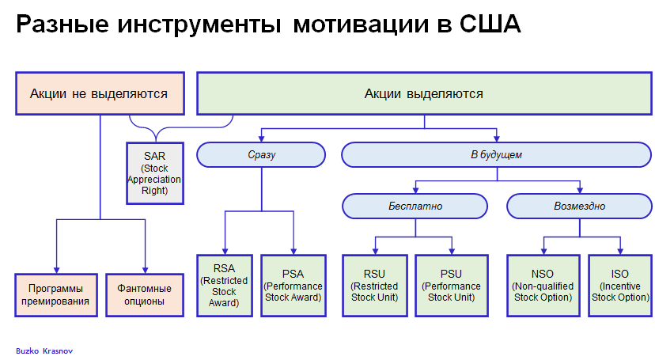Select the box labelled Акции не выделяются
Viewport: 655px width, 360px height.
click(100, 93)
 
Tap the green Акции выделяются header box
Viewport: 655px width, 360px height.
click(423, 93)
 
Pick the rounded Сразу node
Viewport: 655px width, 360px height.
click(261, 154)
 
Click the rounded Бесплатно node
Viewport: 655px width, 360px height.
click(415, 206)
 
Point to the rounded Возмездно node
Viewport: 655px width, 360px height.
click(580, 206)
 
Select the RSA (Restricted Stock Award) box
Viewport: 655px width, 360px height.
click(225, 286)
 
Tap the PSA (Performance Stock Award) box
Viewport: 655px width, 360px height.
click(292, 286)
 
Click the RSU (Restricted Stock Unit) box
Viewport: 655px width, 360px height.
click(376, 286)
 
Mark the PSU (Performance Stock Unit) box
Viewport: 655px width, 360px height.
click(449, 286)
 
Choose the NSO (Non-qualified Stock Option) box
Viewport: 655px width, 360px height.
click(543, 286)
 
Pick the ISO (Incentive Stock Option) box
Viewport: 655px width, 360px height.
click(619, 286)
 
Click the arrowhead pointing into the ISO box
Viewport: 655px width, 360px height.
click(619, 251)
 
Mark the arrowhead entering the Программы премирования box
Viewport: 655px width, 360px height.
click(55, 270)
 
